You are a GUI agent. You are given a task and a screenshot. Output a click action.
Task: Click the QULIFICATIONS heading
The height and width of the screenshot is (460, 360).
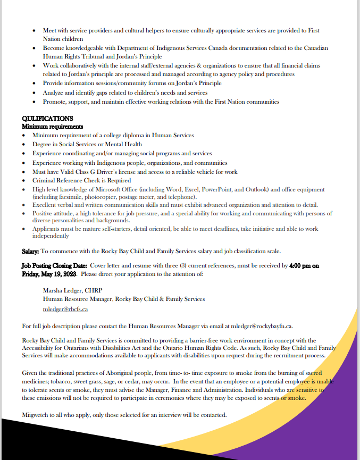47,119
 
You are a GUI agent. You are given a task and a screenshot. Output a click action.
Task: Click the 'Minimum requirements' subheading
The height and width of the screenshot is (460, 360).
52,127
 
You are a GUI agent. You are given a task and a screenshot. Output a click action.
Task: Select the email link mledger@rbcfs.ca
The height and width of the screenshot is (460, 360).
65,309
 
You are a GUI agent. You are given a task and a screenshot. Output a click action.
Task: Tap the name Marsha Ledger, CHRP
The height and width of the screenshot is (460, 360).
72,290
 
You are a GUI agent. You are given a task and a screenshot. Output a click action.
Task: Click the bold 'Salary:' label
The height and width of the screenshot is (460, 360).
30,251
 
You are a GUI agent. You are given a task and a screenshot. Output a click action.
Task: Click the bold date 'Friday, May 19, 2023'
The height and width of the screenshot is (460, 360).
49,274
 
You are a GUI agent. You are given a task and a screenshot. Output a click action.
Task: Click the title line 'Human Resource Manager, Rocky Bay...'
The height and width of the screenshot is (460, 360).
124,299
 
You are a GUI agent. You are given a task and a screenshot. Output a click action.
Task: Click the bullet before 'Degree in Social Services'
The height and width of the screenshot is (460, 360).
24,145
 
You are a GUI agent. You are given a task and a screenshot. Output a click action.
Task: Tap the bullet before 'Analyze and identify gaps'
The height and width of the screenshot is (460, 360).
35,93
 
